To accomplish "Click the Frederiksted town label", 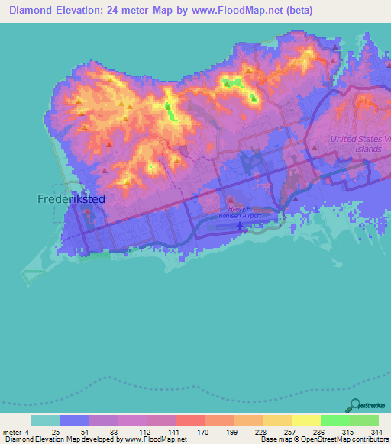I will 72,199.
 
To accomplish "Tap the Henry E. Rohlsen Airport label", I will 244,212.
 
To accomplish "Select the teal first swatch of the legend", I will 45,420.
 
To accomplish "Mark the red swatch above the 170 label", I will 190,420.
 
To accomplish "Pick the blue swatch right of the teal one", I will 74,420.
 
